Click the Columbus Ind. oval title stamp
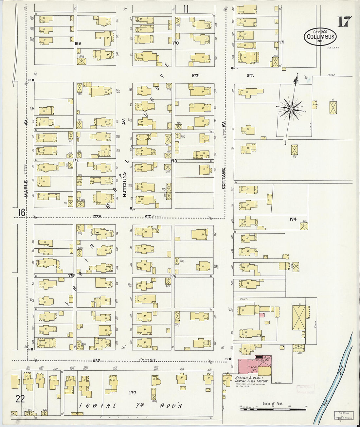click(x=320, y=36)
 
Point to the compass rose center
click(x=291, y=108)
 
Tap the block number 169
click(x=78, y=43)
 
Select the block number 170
click(x=175, y=43)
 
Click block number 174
click(x=293, y=219)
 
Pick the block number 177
click(x=132, y=393)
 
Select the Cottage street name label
click(x=224, y=178)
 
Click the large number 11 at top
click(x=186, y=9)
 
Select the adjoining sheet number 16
click(x=21, y=213)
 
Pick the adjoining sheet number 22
click(x=20, y=398)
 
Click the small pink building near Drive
click(x=262, y=315)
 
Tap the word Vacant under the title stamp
click(x=333, y=48)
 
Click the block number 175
click(x=71, y=276)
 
